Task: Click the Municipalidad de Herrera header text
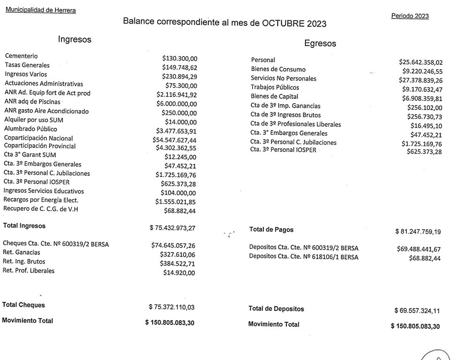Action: point(40,10)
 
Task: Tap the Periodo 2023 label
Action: point(410,16)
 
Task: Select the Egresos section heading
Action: point(320,43)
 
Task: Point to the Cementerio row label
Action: point(21,56)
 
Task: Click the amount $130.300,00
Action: point(180,59)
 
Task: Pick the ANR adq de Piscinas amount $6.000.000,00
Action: point(177,104)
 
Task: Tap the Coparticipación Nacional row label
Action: point(38,138)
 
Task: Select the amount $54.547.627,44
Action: point(175,140)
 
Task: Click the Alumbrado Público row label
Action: point(30,129)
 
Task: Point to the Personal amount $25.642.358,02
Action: point(421,62)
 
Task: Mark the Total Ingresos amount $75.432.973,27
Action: point(172,228)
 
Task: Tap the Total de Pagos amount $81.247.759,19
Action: point(418,232)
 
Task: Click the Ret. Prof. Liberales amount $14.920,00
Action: point(179,273)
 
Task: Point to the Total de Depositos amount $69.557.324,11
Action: point(417,311)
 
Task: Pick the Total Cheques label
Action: point(23,305)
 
